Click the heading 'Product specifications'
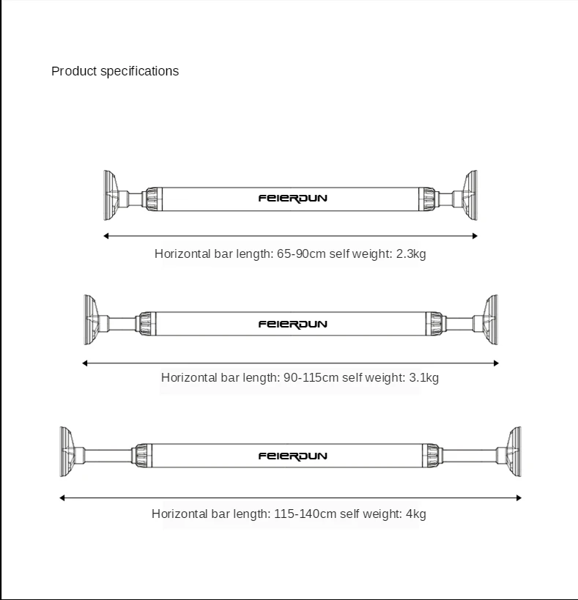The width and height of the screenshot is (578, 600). point(115,71)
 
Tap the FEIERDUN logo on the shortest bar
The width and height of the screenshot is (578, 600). point(292,198)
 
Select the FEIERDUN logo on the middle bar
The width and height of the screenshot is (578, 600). point(292,324)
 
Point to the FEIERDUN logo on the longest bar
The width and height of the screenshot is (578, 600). point(292,456)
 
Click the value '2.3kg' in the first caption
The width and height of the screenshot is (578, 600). point(411,253)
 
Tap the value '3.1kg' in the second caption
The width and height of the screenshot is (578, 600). point(423,378)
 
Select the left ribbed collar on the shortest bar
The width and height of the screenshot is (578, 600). point(152,199)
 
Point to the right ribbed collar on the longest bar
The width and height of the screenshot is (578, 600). point(431,455)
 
